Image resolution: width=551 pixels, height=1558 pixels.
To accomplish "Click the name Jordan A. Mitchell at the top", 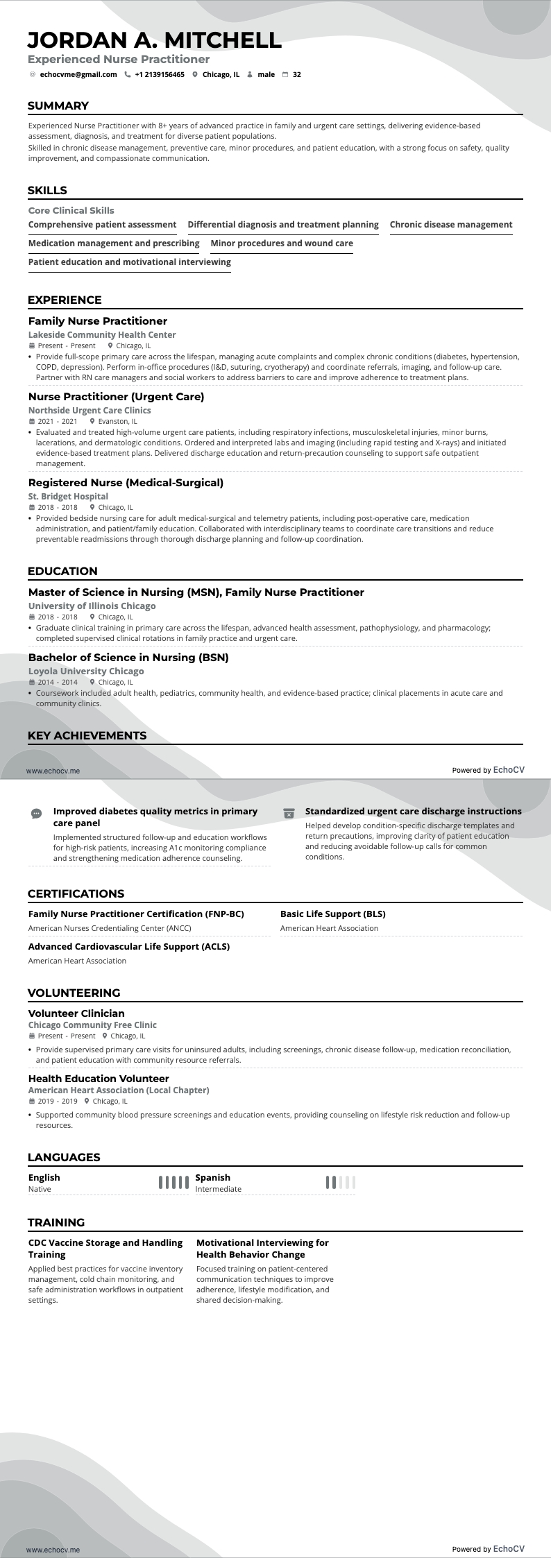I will pyautogui.click(x=155, y=40).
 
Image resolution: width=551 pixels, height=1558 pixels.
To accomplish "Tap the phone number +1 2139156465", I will pyautogui.click(x=160, y=74).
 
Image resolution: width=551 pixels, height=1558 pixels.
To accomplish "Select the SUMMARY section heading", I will pyautogui.click(x=58, y=106).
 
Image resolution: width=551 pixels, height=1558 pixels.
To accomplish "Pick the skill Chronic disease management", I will pyautogui.click(x=451, y=225).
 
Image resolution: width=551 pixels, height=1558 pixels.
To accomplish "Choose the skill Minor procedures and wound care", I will pyautogui.click(x=282, y=243).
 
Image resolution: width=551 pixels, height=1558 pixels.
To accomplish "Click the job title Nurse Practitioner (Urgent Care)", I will pyautogui.click(x=117, y=397).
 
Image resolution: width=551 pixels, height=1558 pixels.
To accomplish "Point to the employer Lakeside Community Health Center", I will pyautogui.click(x=102, y=335).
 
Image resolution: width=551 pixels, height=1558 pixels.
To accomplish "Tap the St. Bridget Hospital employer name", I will pyautogui.click(x=68, y=497).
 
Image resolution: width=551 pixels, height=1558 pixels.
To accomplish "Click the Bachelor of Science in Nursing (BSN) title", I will pyautogui.click(x=128, y=658).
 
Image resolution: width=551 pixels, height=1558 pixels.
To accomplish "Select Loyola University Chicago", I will pyautogui.click(x=86, y=671).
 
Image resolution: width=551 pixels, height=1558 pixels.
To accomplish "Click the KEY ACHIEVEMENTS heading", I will pyautogui.click(x=87, y=735).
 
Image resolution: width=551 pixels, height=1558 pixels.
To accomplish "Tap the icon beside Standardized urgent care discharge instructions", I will pyautogui.click(x=289, y=813).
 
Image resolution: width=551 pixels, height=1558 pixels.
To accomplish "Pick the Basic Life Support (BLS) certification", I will pyautogui.click(x=333, y=914).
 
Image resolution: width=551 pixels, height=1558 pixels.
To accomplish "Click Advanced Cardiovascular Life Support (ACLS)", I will pyautogui.click(x=129, y=946).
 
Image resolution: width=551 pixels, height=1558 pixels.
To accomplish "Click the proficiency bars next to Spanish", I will pyautogui.click(x=340, y=1183).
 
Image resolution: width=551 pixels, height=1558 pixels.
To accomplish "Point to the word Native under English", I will pyautogui.click(x=40, y=1189).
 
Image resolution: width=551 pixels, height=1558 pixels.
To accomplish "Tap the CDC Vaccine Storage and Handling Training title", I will pyautogui.click(x=105, y=1249).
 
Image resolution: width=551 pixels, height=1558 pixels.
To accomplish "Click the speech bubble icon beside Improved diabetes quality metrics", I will pyautogui.click(x=37, y=813).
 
